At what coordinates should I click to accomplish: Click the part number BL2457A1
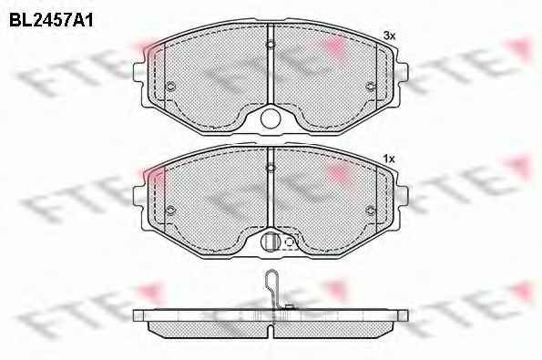[51, 21]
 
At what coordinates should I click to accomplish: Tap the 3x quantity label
[389, 36]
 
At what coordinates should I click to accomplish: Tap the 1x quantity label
[389, 159]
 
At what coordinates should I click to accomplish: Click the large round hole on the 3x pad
[271, 118]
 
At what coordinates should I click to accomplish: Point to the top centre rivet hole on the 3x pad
[271, 45]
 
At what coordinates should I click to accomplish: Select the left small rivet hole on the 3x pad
[170, 87]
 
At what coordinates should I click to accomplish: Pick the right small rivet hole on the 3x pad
[370, 87]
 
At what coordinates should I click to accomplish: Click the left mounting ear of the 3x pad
[138, 73]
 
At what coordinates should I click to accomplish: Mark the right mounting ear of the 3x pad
[403, 73]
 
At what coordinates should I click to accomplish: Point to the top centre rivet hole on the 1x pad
[271, 168]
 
